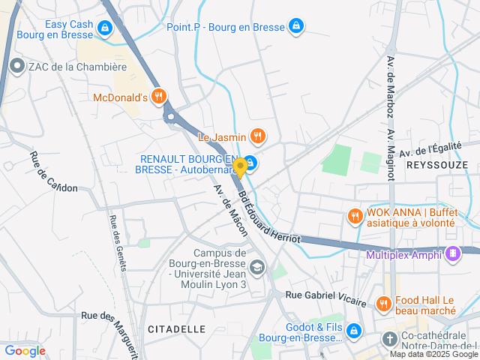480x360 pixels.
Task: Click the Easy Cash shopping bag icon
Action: (x=105, y=29)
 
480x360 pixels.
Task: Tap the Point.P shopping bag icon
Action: (x=297, y=26)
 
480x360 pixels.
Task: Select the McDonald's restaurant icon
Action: (x=158, y=97)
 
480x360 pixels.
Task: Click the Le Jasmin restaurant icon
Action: (x=257, y=136)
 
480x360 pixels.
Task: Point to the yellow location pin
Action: (x=240, y=166)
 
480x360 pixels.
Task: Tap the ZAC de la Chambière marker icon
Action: (x=18, y=66)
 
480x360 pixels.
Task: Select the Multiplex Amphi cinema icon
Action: (x=451, y=254)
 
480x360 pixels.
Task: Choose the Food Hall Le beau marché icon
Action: (x=383, y=304)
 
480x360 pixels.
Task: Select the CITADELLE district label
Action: (x=177, y=328)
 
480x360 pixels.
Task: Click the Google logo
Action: (x=25, y=350)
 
